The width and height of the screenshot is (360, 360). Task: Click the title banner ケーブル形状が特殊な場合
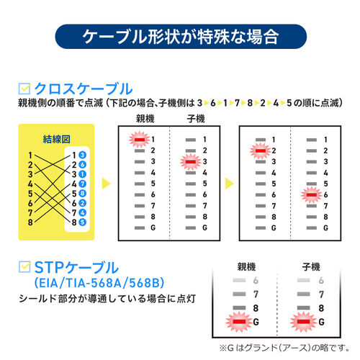(180, 36)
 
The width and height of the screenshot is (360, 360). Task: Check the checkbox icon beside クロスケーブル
(24, 89)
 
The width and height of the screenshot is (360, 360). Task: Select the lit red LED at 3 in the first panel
(189, 162)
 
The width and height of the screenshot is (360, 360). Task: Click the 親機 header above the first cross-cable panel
(145, 118)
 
